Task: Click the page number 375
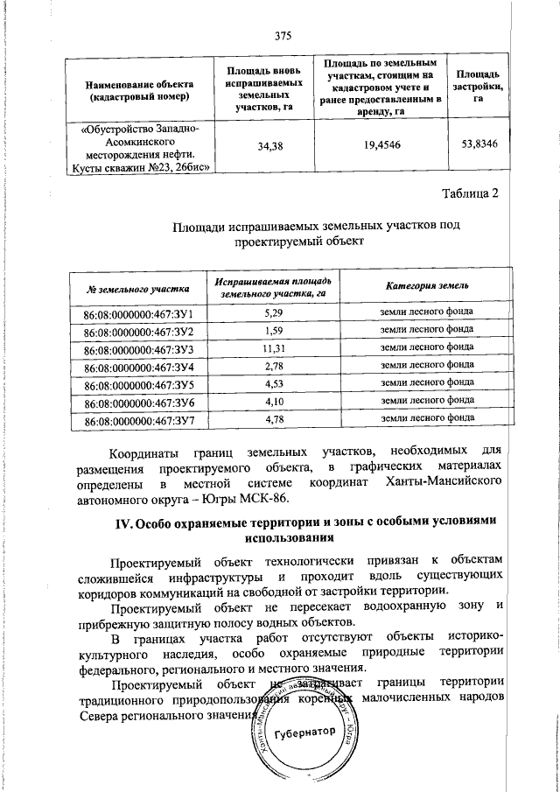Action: (282, 36)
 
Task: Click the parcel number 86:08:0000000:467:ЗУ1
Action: (138, 313)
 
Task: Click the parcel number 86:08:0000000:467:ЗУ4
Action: (138, 367)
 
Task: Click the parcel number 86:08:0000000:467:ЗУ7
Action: (138, 420)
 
